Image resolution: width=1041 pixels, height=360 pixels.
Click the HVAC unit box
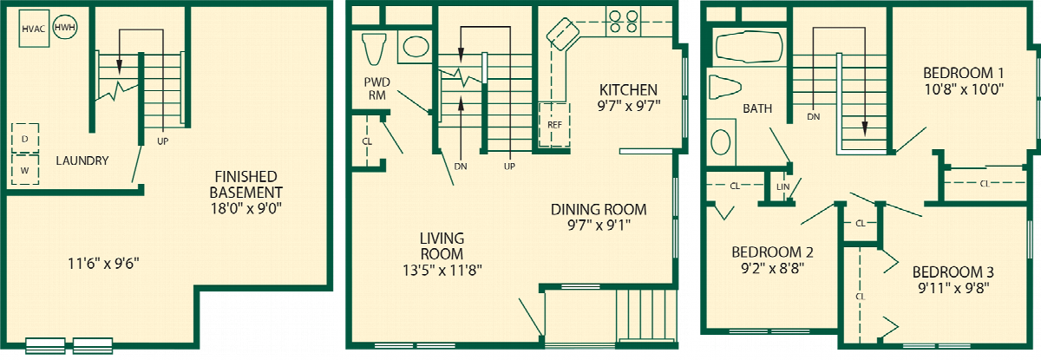34,29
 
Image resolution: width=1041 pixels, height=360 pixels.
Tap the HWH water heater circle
64,27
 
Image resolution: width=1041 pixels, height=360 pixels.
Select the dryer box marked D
25,139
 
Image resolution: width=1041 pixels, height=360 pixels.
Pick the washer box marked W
25,170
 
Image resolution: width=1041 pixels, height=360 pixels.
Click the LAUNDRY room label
82,160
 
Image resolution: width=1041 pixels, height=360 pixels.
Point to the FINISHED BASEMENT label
246,185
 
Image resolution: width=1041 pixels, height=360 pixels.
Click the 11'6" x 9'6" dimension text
103,264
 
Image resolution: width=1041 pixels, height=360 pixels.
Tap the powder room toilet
374,49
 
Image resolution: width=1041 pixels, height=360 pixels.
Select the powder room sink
415,47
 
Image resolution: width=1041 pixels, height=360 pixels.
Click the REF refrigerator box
554,125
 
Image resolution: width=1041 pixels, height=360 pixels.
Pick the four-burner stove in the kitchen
623,22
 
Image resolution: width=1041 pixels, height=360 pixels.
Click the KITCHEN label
628,89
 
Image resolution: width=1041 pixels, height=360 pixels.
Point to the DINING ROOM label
599,210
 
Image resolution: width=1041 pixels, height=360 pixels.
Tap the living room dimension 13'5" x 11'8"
442,270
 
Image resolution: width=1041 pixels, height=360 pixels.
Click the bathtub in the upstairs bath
749,47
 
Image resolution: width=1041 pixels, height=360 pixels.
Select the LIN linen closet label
782,187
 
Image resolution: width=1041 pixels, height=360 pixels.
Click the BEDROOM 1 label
964,73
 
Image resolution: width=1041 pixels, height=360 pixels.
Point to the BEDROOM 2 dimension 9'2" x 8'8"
772,268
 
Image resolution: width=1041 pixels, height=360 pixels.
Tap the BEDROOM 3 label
953,272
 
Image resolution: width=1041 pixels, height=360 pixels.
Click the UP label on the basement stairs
163,141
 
